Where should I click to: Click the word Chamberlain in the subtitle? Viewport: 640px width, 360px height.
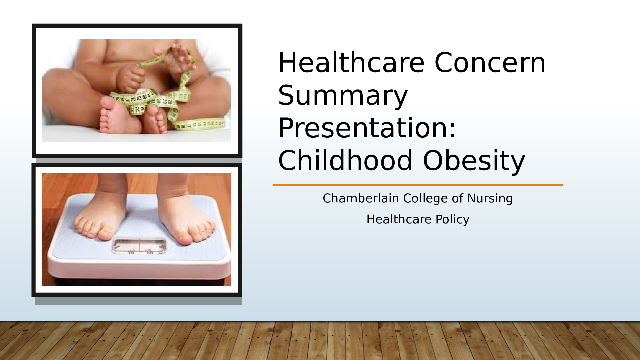point(361,198)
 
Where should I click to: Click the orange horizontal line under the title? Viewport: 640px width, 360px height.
point(418,185)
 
